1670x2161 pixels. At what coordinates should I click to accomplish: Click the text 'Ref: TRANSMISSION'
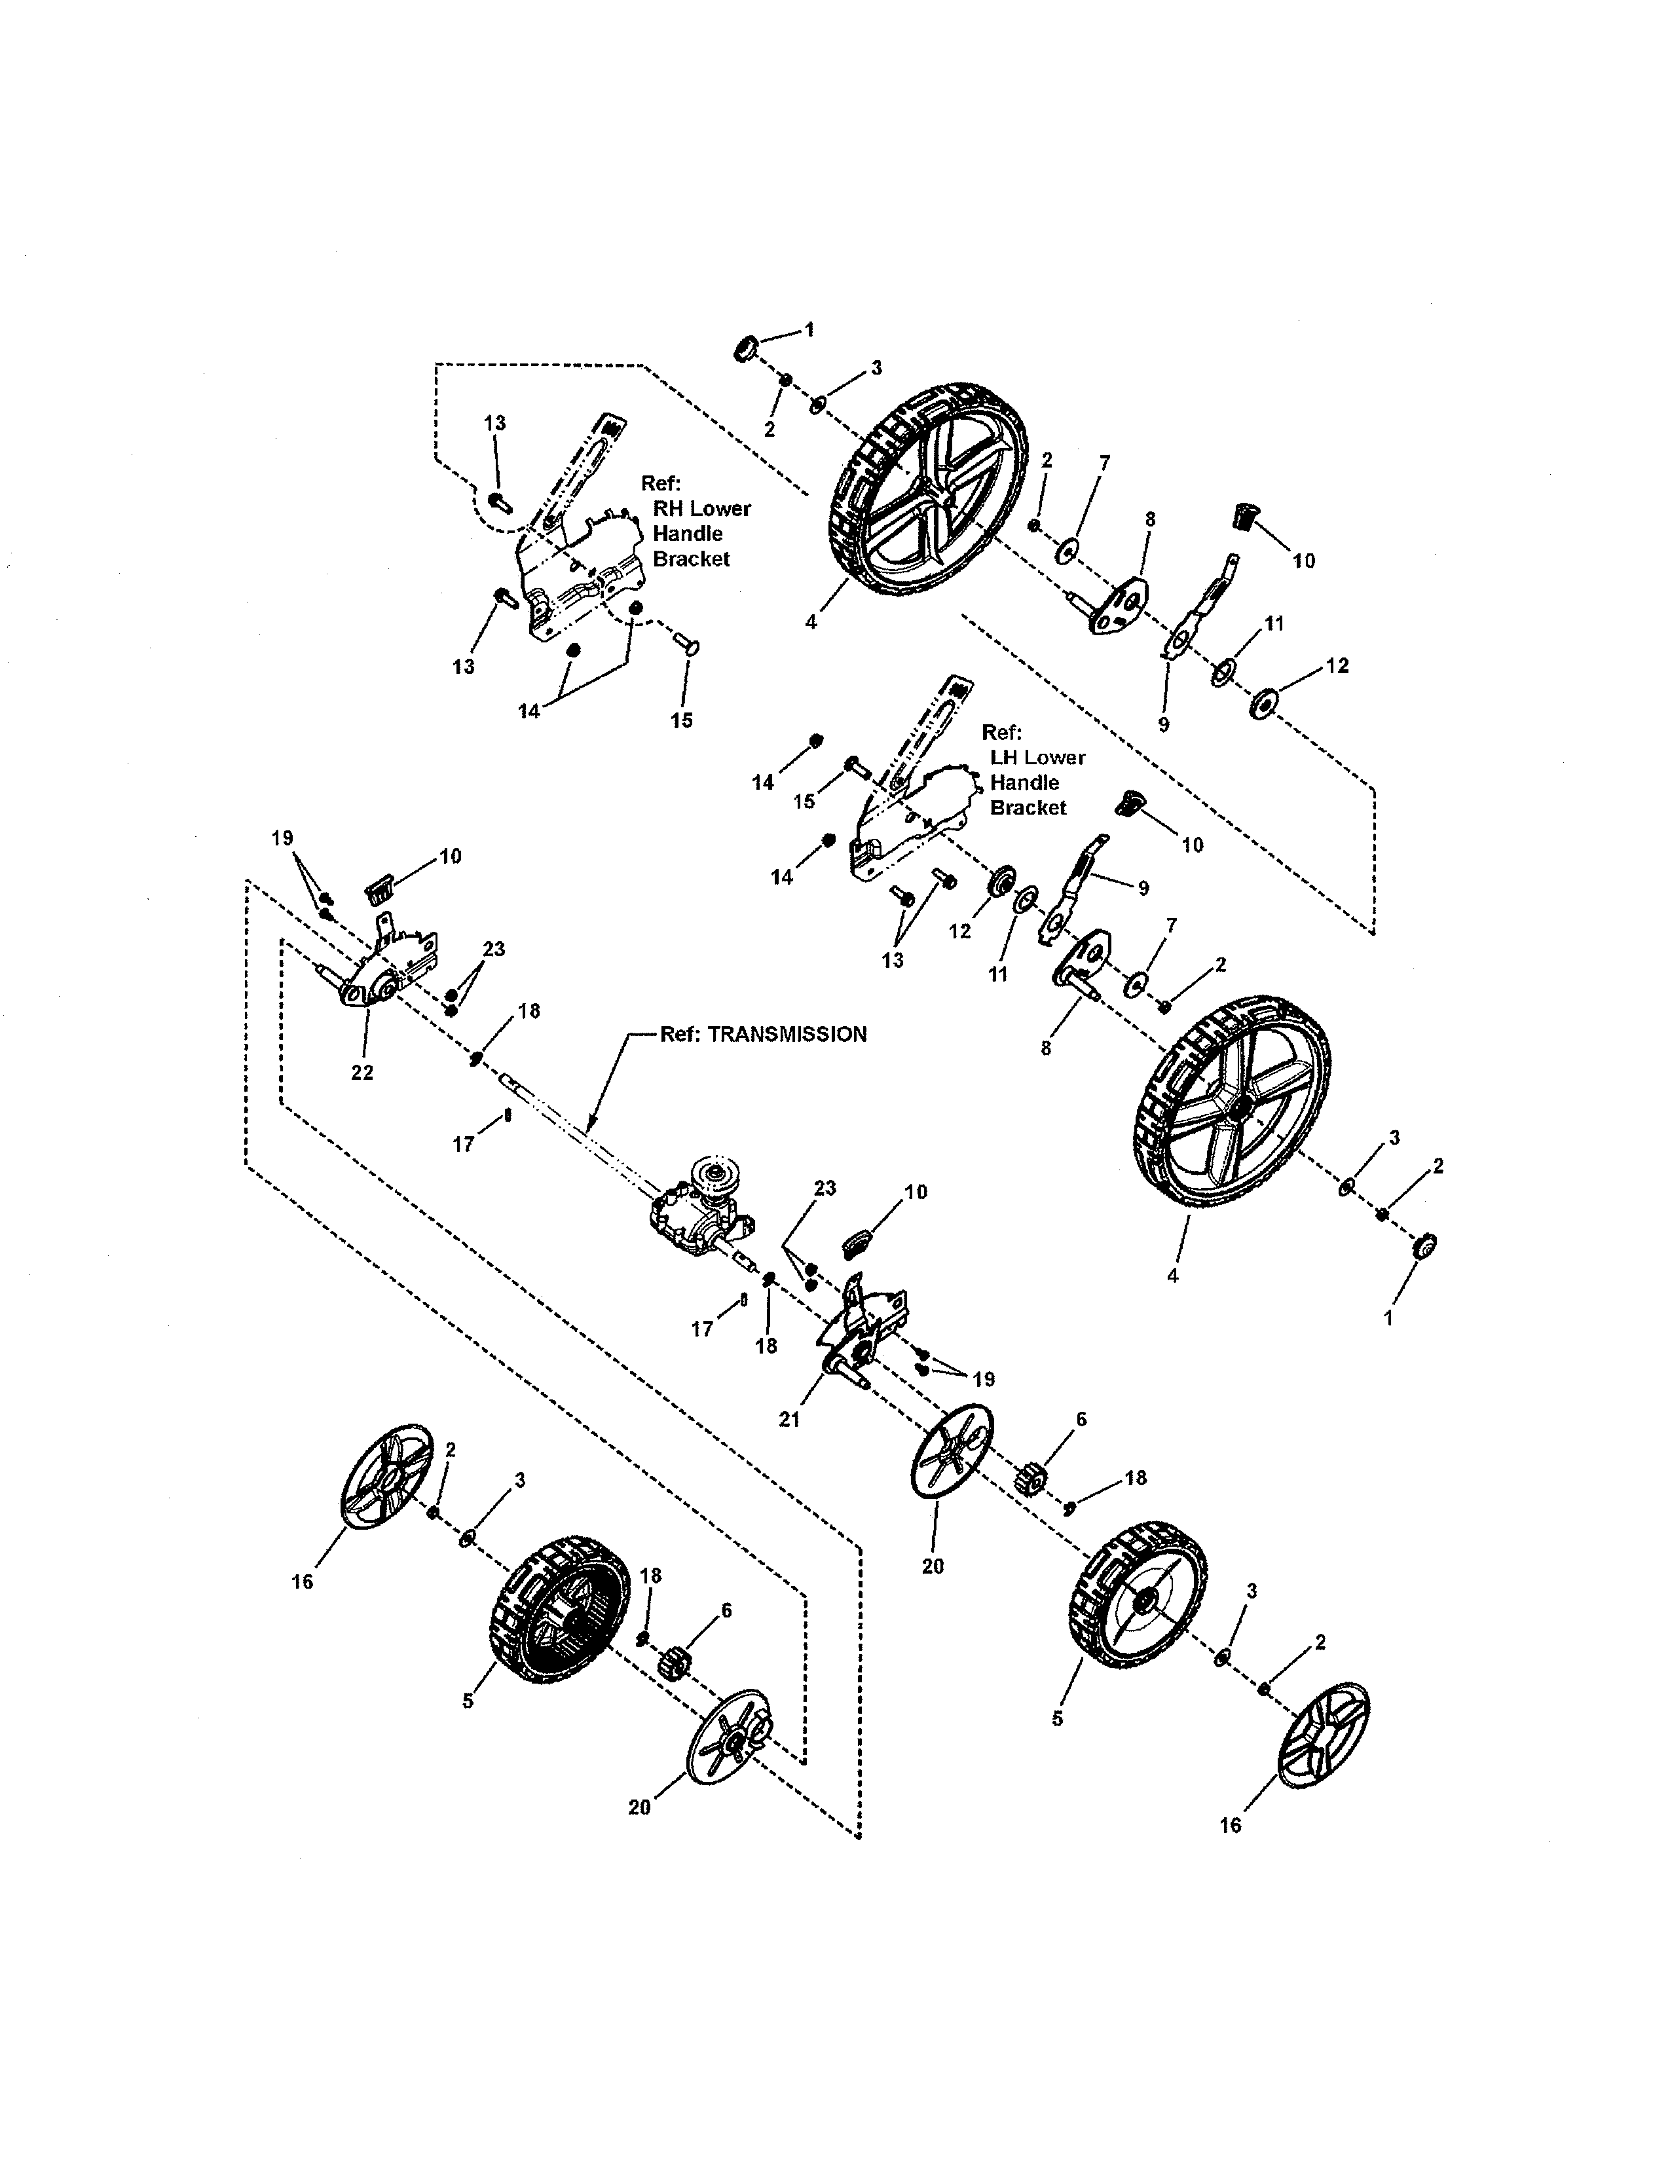763,1034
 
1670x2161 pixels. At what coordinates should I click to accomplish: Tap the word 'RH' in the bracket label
669,509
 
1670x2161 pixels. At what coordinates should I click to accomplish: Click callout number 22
362,1073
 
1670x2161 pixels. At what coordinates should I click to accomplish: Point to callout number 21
789,1420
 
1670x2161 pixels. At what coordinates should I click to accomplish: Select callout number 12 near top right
1337,666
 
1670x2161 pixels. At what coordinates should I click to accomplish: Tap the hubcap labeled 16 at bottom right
1323,1733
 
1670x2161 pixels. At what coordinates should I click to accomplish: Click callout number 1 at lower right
1388,1319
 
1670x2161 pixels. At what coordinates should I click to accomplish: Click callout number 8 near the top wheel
1149,519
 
